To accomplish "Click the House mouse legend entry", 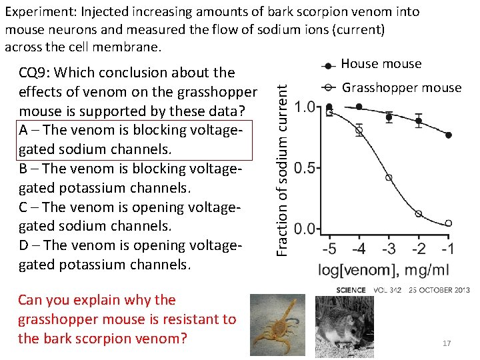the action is [x=381, y=64].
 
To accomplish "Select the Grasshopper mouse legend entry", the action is [x=401, y=87].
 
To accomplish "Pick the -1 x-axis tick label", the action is [x=447, y=249].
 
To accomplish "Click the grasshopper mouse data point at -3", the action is [x=389, y=178].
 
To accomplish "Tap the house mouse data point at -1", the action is [x=449, y=135].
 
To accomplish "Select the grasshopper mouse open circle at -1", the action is [x=449, y=223].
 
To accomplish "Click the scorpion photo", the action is [x=277, y=321].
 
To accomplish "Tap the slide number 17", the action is [x=447, y=343].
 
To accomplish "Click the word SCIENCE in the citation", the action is [x=351, y=290].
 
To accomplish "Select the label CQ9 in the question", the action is [x=37, y=73].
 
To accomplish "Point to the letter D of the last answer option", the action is [x=25, y=245].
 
